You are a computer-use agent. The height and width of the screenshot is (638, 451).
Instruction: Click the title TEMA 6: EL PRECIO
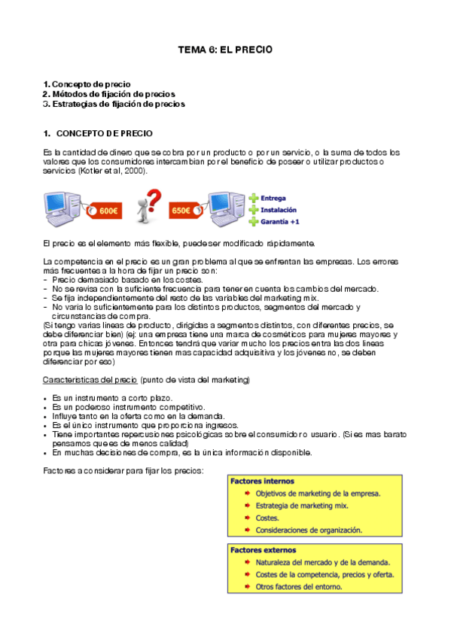(224, 50)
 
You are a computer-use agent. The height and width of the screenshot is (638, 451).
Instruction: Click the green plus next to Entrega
(254, 199)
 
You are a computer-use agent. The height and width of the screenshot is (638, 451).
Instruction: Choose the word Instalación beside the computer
(279, 210)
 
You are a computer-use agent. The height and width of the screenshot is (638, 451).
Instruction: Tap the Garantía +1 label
(280, 222)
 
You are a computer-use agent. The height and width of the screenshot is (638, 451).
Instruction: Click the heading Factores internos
(262, 481)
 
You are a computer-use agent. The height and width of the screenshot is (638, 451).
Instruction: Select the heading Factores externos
(264, 550)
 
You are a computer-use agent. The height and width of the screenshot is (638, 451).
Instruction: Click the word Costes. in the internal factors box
(267, 518)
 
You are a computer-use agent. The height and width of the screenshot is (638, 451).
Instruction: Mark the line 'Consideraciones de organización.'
(309, 530)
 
